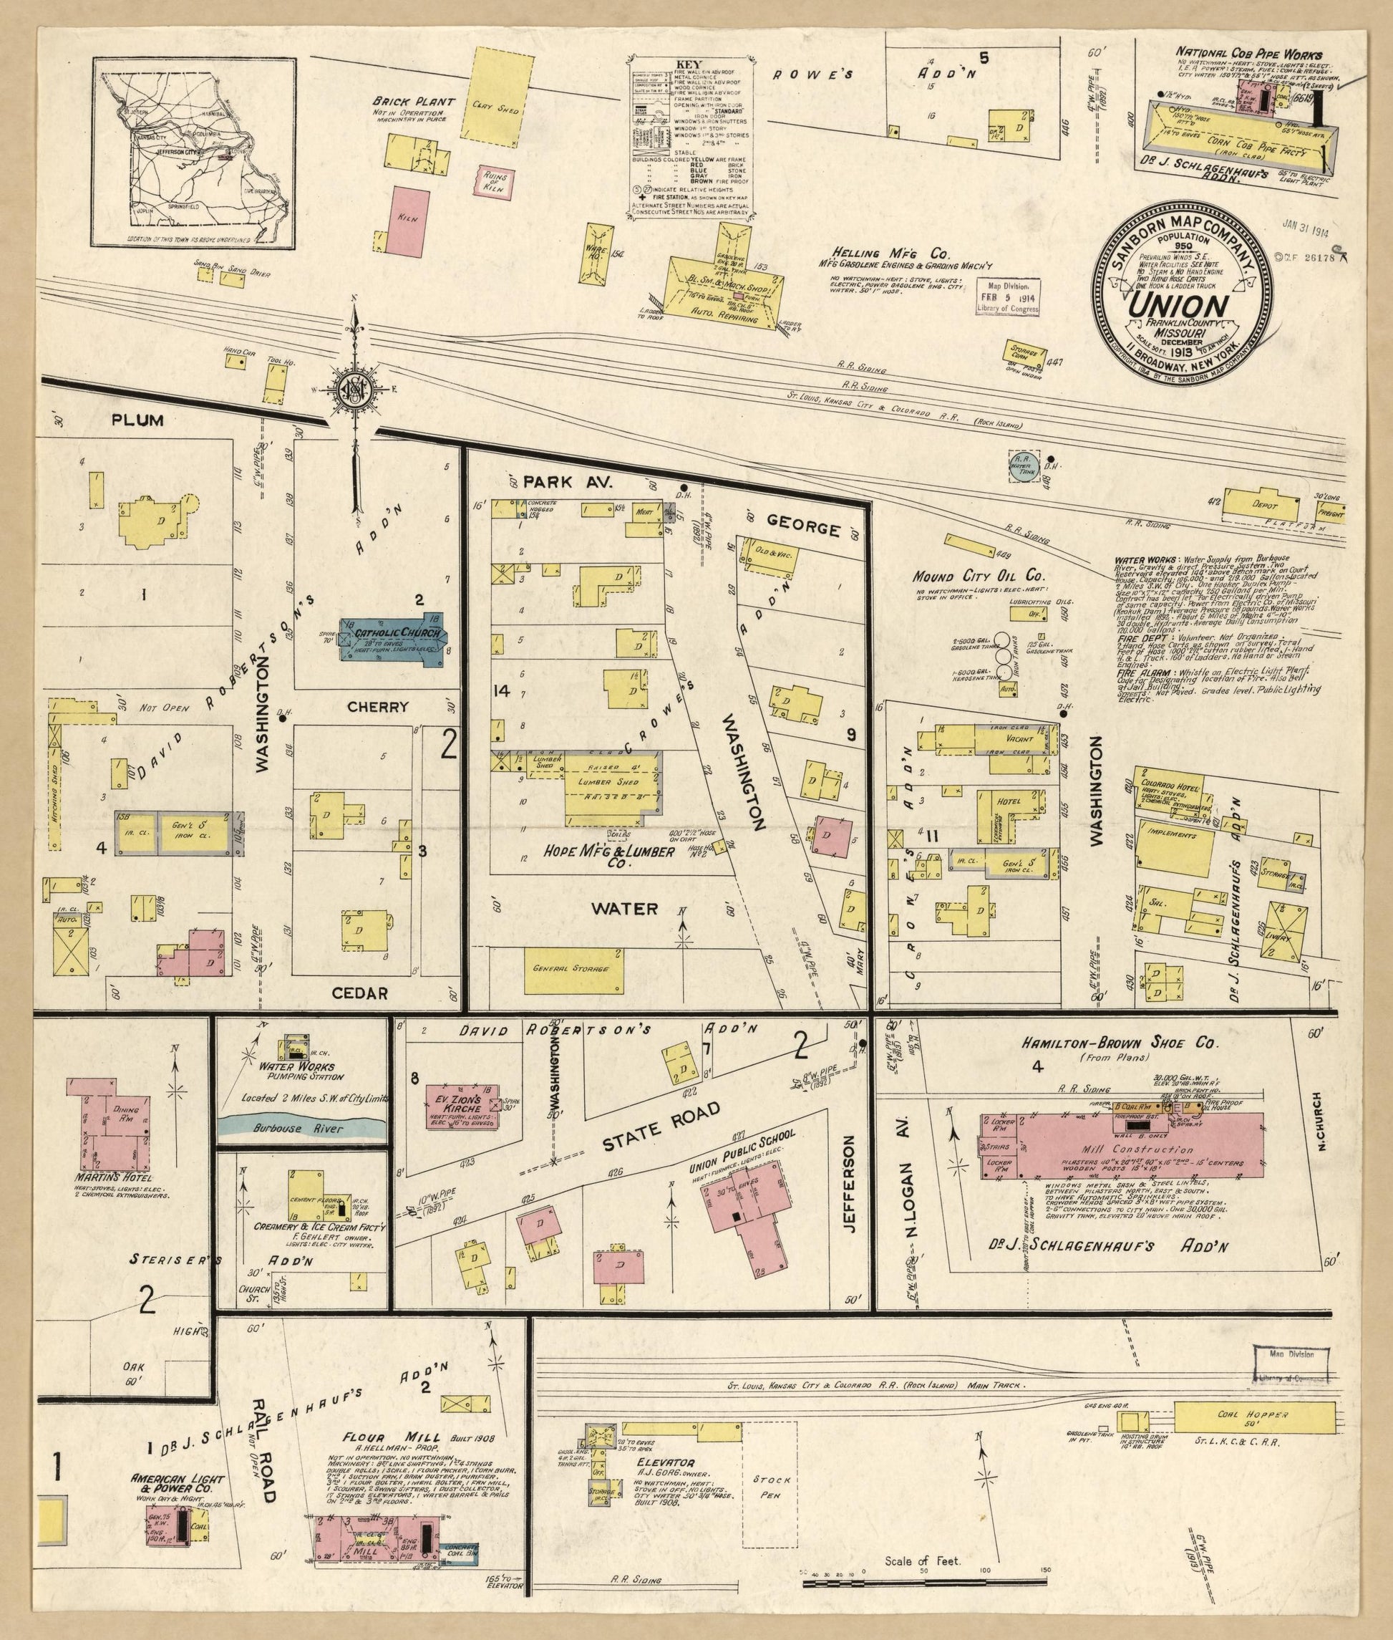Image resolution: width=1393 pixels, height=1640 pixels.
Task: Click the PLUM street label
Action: pos(137,420)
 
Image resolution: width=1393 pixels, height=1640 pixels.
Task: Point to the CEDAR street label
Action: pos(360,994)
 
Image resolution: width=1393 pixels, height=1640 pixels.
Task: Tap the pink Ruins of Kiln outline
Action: pos(491,180)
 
